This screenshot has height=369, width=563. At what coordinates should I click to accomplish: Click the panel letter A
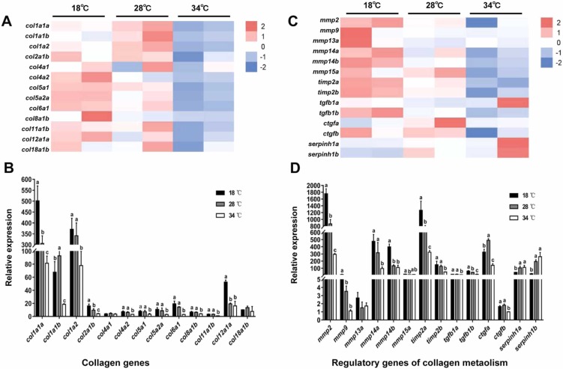(7, 22)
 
